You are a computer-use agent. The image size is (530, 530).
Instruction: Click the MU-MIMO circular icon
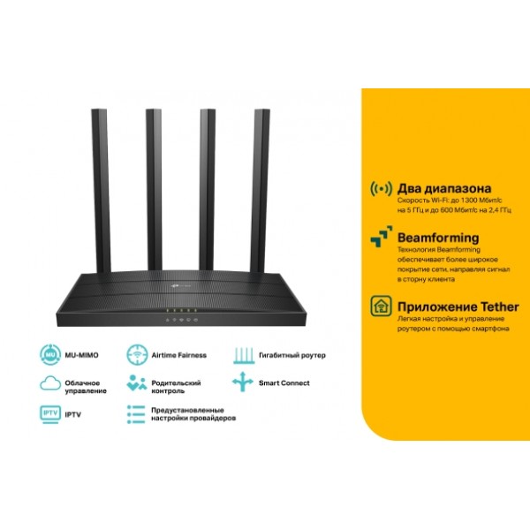(x=50, y=355)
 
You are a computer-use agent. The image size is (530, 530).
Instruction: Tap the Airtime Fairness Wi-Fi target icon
(x=137, y=355)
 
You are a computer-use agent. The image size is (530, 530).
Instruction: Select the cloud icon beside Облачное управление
(x=50, y=383)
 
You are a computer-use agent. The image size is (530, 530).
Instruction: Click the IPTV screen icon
(x=50, y=414)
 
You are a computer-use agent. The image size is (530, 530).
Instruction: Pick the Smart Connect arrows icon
(x=242, y=382)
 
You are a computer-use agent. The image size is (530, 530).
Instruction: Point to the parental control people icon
(x=137, y=383)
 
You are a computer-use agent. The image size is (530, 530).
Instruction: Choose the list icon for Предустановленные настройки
(x=136, y=414)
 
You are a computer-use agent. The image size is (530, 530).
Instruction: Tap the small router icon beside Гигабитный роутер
(x=244, y=355)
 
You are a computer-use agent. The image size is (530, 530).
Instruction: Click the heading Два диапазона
(x=444, y=188)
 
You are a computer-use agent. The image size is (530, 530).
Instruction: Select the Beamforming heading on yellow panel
(x=438, y=238)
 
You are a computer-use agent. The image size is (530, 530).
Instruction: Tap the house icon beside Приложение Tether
(x=381, y=306)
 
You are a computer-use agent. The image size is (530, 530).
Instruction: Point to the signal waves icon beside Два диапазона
(x=381, y=189)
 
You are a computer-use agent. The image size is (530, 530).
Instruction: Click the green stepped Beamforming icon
(x=382, y=237)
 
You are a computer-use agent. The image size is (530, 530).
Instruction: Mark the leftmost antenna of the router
(x=101, y=191)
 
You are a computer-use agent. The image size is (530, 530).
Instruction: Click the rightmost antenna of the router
(x=260, y=191)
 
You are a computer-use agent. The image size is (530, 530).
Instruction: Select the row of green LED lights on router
(x=181, y=310)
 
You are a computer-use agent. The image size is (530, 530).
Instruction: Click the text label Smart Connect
(x=284, y=383)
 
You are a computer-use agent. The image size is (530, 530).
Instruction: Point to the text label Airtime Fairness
(x=178, y=355)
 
